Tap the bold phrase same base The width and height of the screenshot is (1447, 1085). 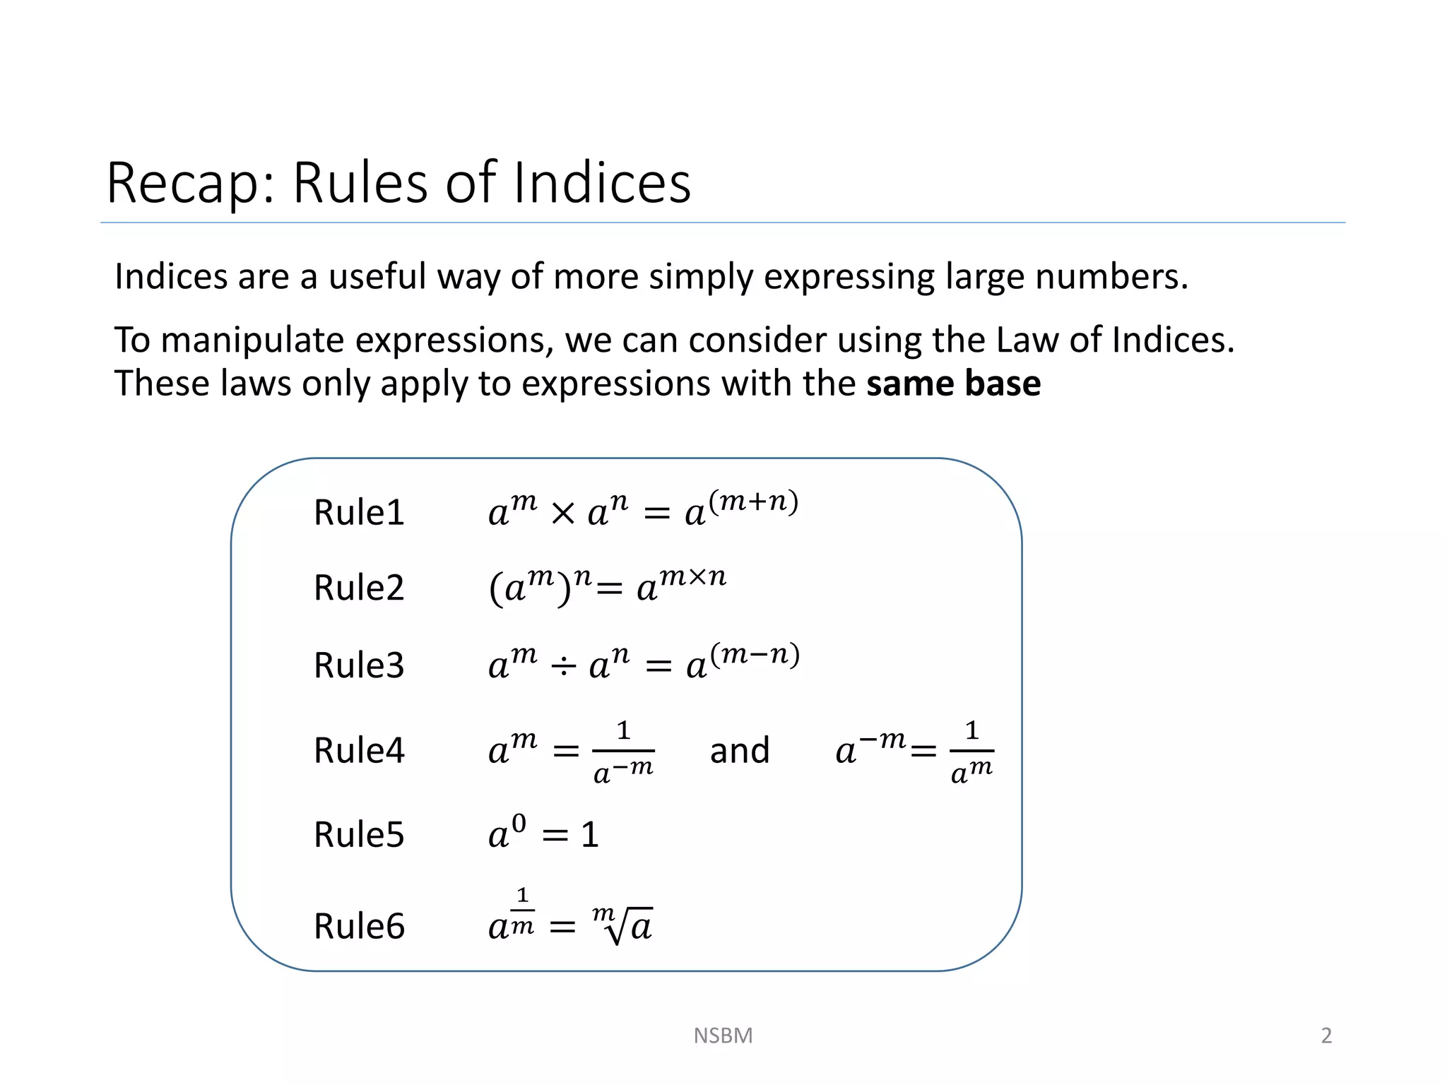[x=953, y=384]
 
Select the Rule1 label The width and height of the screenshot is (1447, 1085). [x=359, y=512]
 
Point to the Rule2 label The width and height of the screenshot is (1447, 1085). [x=359, y=588]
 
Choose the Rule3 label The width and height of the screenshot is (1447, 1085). [x=359, y=665]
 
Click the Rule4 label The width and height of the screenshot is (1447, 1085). [x=359, y=750]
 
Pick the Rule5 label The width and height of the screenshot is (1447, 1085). [x=359, y=835]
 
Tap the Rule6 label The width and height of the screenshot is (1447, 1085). [x=359, y=926]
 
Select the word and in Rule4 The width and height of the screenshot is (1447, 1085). [x=739, y=750]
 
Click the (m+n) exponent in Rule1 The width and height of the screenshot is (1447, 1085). [x=753, y=501]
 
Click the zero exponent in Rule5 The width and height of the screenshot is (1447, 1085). [x=519, y=823]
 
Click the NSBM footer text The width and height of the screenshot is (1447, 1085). [x=723, y=1036]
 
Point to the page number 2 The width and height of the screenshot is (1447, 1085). [x=1326, y=1036]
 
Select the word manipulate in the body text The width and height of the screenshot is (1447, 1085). [x=252, y=340]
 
